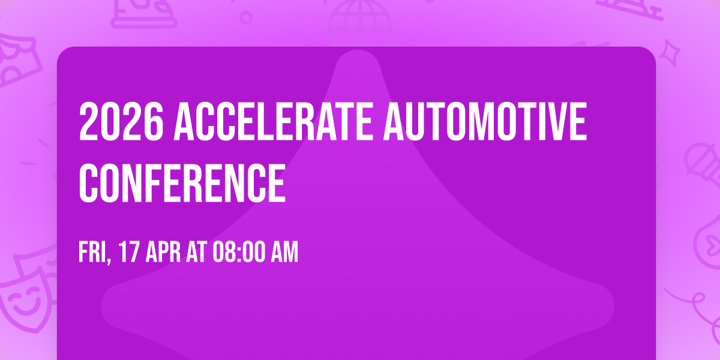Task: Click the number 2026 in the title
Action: [121, 122]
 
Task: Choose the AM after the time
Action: [283, 253]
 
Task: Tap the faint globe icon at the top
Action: [359, 18]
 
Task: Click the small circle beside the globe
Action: [246, 17]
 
